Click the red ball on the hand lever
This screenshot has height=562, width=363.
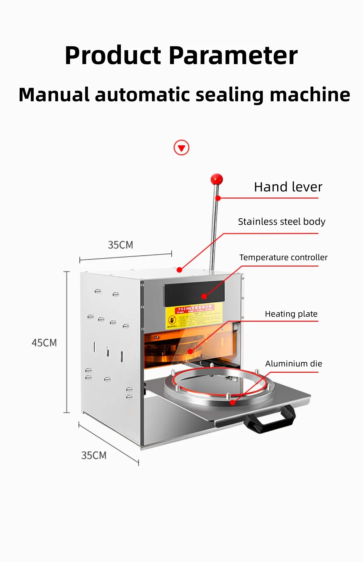pos(217,179)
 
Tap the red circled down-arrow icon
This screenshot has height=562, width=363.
pos(181,148)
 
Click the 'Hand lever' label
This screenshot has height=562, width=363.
pos(288,187)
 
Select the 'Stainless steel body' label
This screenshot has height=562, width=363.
pos(282,222)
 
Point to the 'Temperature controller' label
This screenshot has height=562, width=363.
pos(283,257)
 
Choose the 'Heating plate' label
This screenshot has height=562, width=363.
pos(291,314)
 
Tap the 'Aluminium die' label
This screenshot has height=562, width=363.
pos(294,364)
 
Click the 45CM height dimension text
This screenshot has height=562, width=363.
pos(44,343)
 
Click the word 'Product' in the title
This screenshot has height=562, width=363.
pos(113,56)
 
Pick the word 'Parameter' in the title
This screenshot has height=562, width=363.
pos(233,56)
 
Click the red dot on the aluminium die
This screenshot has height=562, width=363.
pos(232,402)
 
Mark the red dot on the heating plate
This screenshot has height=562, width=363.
pos(190,351)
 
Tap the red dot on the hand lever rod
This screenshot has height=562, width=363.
pos(218,198)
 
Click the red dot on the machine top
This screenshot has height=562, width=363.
pos(179,270)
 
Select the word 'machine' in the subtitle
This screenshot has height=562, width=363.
pos(310,95)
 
